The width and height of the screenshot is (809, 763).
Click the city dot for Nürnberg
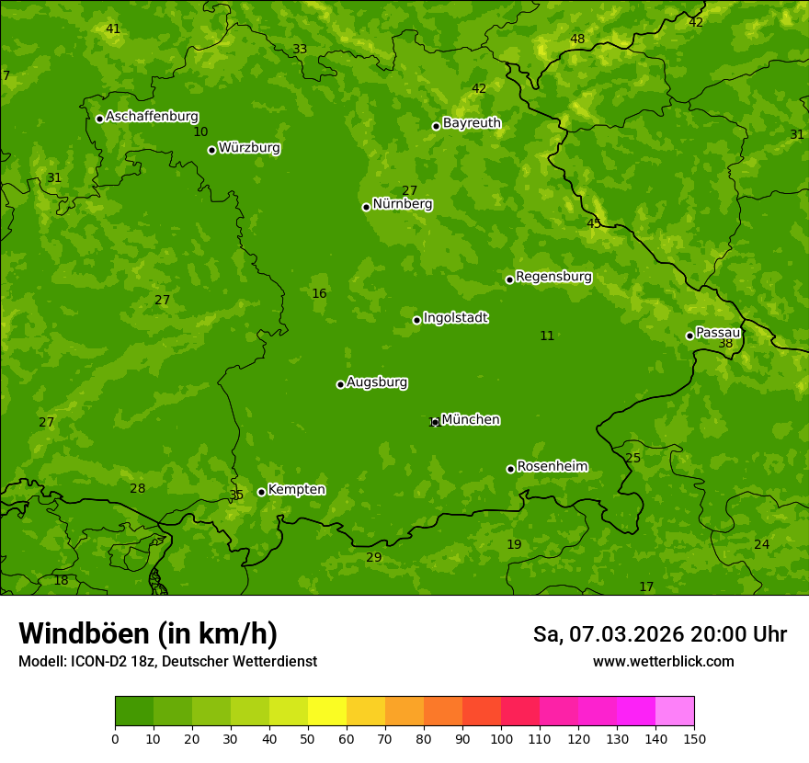(366, 207)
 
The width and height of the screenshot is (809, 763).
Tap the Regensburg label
(553, 277)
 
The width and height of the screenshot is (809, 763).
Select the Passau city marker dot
(689, 336)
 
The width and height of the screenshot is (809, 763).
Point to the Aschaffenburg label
(152, 117)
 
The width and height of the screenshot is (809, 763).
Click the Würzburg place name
(249, 148)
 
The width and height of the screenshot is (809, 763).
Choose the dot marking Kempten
(261, 492)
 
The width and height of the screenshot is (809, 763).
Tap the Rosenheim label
(552, 467)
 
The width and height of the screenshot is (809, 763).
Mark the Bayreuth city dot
(436, 126)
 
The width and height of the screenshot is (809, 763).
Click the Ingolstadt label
(455, 318)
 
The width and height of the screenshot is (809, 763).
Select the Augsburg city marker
(340, 384)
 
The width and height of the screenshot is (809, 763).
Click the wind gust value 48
(577, 39)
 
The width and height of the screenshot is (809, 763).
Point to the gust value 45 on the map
(594, 223)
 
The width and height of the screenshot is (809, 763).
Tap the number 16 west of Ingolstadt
(319, 294)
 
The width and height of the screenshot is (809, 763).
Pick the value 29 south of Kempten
(373, 558)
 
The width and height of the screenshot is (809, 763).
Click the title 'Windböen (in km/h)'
(148, 633)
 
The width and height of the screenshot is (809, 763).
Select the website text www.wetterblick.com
(663, 661)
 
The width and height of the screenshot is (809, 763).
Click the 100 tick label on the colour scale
(501, 739)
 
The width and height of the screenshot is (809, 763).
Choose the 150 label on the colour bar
(694, 739)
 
